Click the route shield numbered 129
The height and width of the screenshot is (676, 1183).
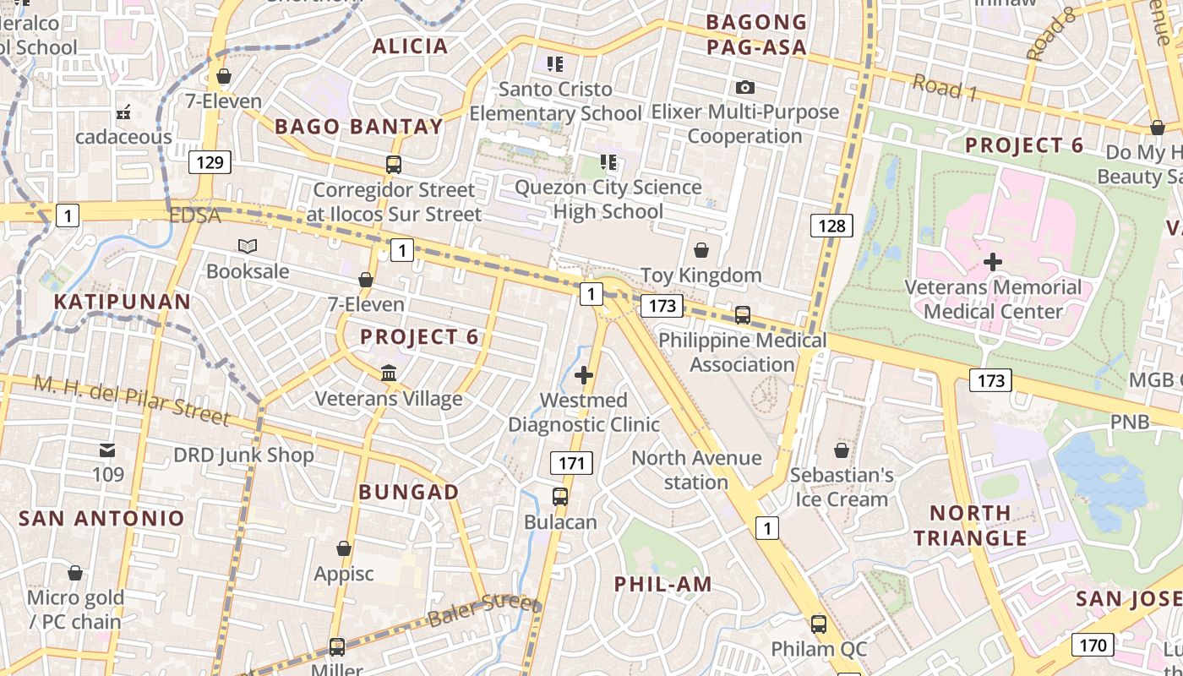click(x=209, y=162)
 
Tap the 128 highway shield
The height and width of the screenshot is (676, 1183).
click(x=831, y=226)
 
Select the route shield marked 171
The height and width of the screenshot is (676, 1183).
click(x=572, y=463)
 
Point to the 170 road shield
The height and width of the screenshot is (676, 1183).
click(x=1093, y=646)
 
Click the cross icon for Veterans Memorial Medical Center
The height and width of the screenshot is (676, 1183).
click(x=993, y=262)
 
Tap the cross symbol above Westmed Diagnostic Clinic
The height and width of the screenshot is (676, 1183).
click(x=584, y=375)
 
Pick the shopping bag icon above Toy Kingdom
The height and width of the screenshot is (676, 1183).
click(x=701, y=250)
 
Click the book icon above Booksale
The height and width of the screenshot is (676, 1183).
click(x=248, y=247)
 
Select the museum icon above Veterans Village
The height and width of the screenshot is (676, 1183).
click(x=389, y=373)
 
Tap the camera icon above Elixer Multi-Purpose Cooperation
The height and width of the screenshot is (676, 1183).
click(x=745, y=87)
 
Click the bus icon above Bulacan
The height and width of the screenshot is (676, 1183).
click(x=560, y=497)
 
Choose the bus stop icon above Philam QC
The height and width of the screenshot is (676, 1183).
click(x=819, y=624)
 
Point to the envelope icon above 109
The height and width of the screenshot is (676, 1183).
click(x=108, y=450)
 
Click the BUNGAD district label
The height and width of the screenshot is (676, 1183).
click(x=409, y=492)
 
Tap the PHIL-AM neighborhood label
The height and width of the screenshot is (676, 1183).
click(x=663, y=584)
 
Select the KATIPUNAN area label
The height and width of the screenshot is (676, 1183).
click(x=123, y=302)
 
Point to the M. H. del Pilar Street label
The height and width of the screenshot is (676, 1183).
click(x=132, y=400)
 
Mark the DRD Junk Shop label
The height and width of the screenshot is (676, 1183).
click(x=243, y=455)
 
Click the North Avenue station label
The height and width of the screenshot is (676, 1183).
click(x=697, y=470)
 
